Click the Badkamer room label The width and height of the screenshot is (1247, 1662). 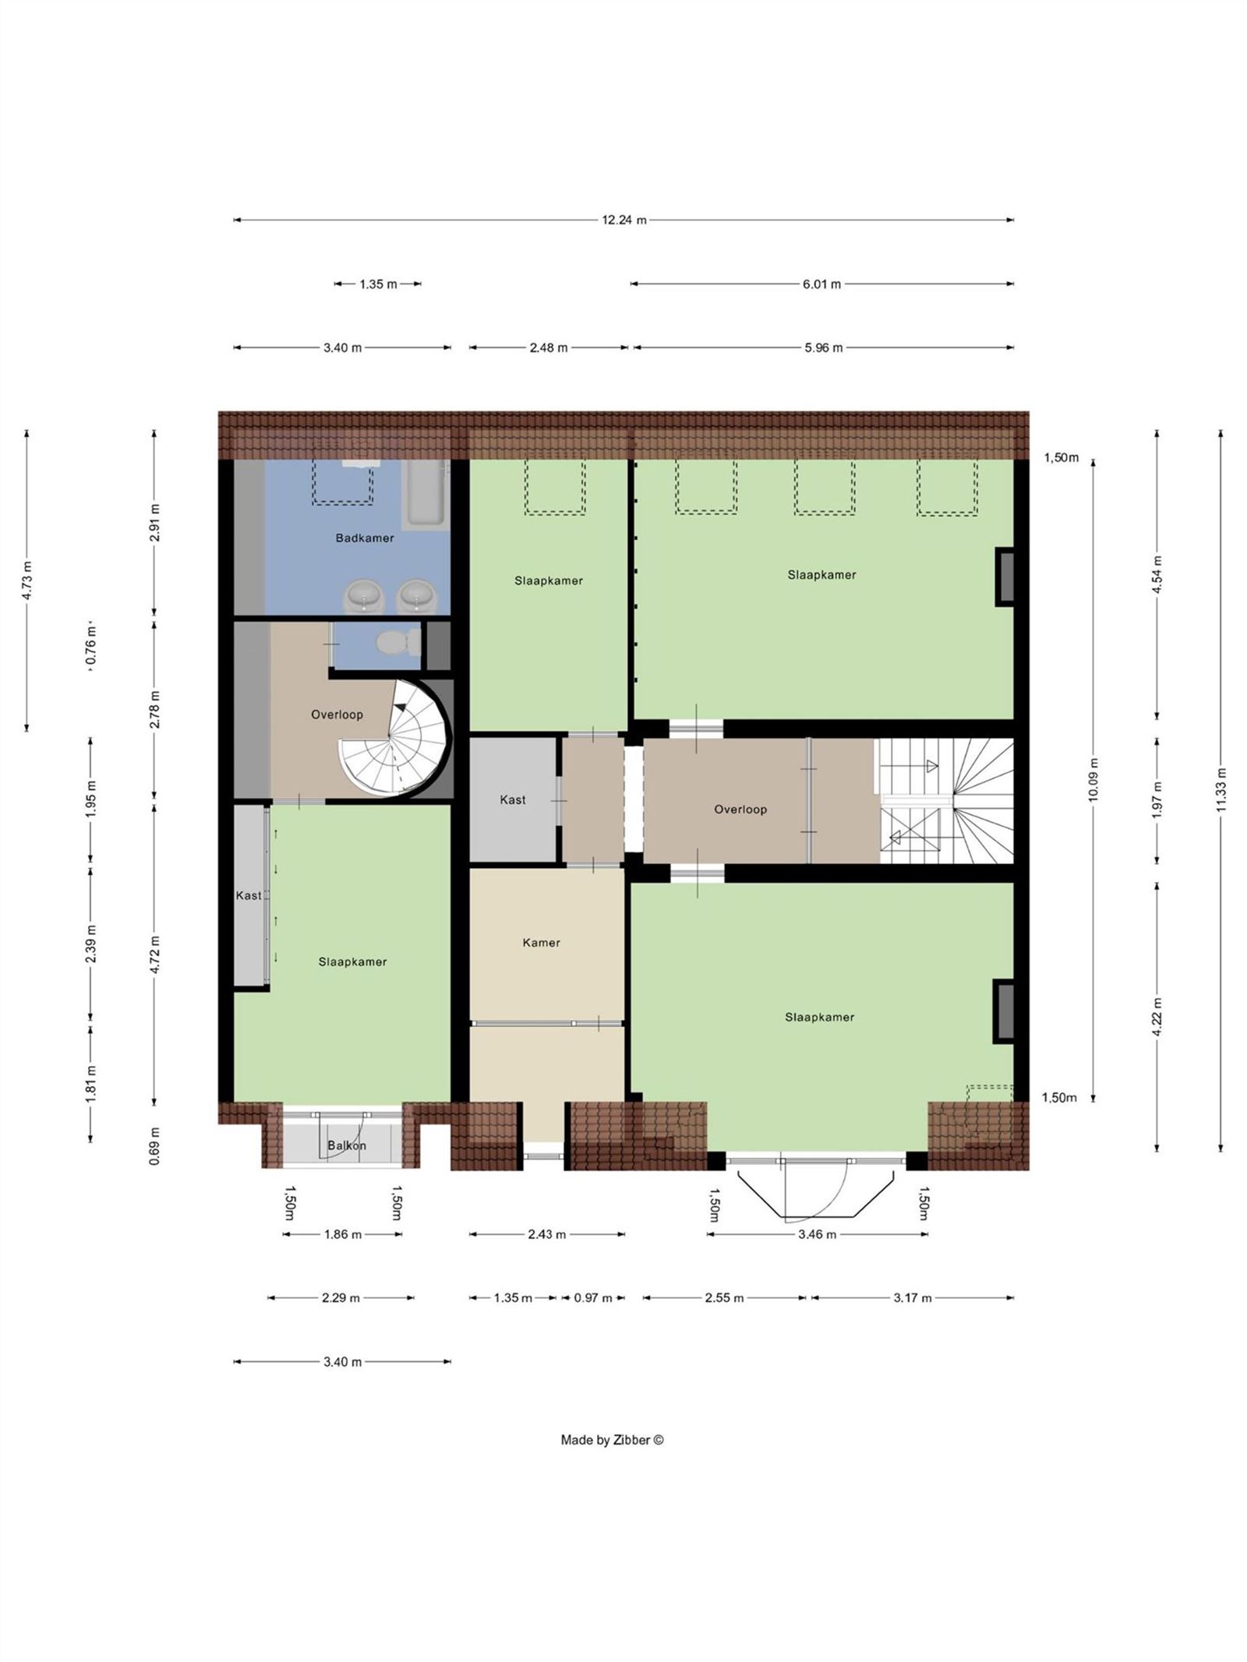pos(364,538)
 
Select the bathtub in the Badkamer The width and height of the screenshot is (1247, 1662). pos(426,492)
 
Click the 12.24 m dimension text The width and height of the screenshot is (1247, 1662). pos(623,220)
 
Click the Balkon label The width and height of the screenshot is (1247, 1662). pos(346,1145)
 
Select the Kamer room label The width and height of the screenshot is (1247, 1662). pos(541,943)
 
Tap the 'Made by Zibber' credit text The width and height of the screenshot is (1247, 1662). pos(612,1440)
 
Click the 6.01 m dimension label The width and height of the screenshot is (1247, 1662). pos(821,284)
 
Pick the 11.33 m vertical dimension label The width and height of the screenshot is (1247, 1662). pos(1221,789)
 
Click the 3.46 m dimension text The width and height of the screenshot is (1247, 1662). pos(817,1234)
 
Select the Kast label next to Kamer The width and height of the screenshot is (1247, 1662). pos(512,799)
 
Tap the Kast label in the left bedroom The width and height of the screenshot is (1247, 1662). pos(249,895)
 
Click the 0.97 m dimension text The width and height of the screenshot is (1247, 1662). pos(592,1298)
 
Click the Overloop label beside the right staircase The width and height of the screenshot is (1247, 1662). pos(740,810)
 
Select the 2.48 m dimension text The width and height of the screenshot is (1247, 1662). pos(548,348)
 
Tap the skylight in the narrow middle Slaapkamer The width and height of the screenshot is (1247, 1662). pos(554,486)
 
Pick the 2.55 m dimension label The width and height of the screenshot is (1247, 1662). pos(724,1298)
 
